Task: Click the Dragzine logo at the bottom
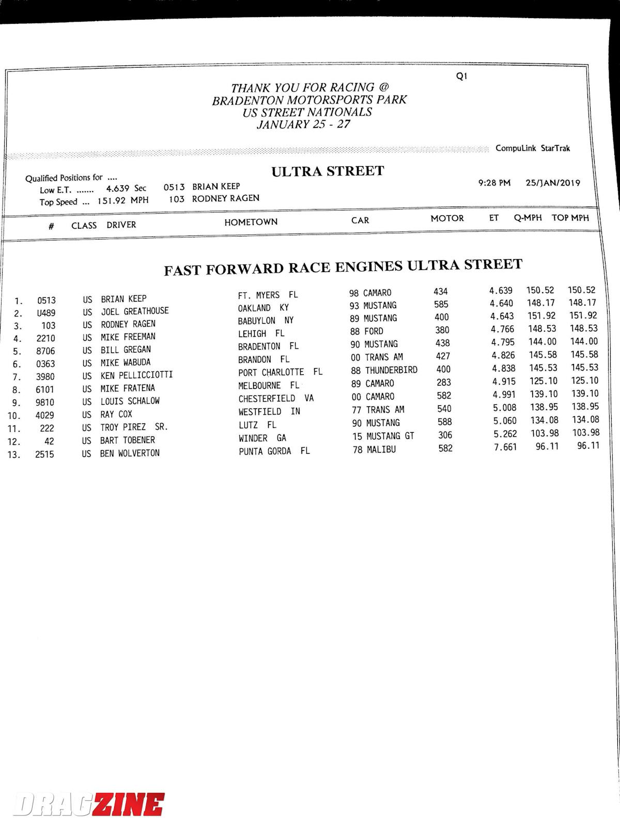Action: [89, 804]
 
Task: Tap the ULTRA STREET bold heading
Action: [328, 171]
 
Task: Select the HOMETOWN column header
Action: [251, 222]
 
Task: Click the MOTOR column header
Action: [447, 218]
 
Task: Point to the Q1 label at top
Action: [461, 76]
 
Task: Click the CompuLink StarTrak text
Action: [533, 148]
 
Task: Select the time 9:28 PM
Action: [494, 183]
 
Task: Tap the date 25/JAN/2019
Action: [553, 183]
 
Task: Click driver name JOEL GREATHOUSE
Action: [135, 311]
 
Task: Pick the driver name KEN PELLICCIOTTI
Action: [136, 375]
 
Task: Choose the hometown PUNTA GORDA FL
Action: [274, 451]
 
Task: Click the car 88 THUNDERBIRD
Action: [384, 370]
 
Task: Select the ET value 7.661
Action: [505, 447]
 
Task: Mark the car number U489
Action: [46, 313]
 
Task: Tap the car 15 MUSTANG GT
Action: [383, 436]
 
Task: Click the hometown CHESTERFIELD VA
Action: [276, 399]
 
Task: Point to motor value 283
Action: [443, 383]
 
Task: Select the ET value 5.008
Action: [504, 408]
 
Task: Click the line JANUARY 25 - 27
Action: [304, 124]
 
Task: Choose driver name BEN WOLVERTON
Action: [130, 453]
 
